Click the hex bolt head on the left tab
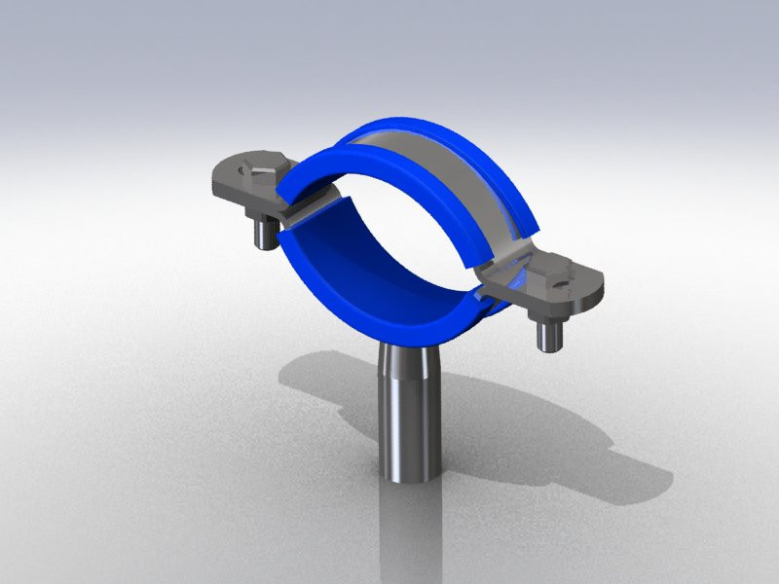(261, 176)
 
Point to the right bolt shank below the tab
(545, 336)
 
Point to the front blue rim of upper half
(331, 161)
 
